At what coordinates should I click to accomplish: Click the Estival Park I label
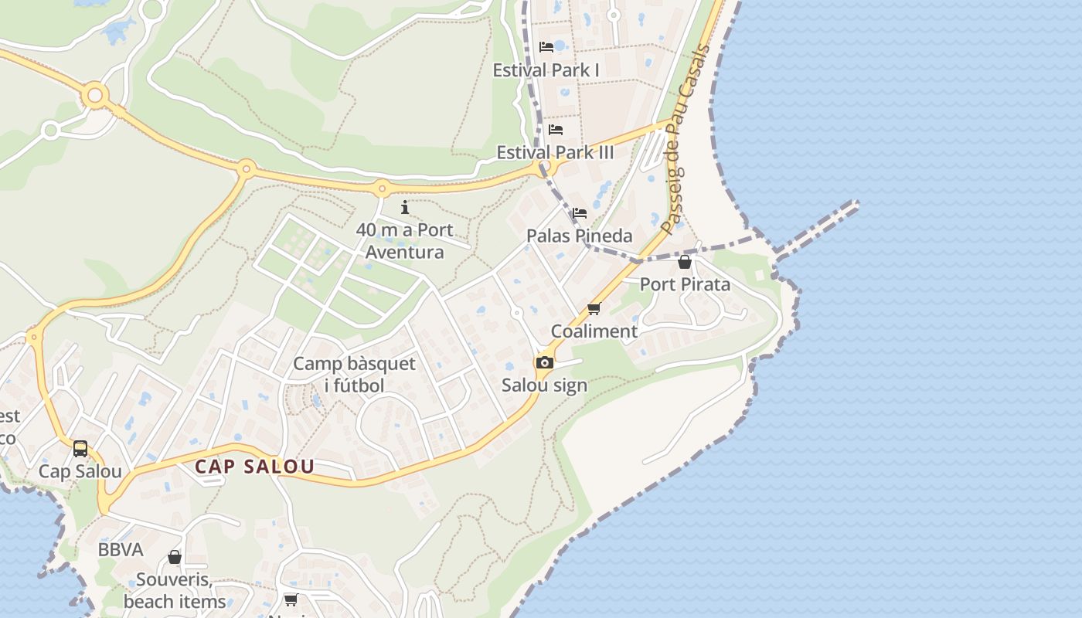click(x=546, y=70)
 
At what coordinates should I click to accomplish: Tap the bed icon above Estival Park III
click(x=555, y=130)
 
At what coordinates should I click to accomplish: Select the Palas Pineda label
click(x=580, y=236)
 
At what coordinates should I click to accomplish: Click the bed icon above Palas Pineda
click(x=580, y=213)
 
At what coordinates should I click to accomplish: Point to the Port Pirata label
click(x=685, y=284)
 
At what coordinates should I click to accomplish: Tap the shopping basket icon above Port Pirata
click(x=685, y=262)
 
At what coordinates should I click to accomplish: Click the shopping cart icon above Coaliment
click(x=594, y=309)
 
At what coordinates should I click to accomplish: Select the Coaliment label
click(x=594, y=331)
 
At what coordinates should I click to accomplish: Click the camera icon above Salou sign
click(x=544, y=362)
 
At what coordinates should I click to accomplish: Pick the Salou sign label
click(x=544, y=385)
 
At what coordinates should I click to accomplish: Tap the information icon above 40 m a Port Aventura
click(x=405, y=207)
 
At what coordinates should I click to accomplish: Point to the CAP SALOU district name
click(x=254, y=467)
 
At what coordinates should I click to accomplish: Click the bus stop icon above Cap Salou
click(x=80, y=449)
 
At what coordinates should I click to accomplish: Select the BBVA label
click(x=121, y=550)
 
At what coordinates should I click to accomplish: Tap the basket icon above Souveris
click(x=175, y=557)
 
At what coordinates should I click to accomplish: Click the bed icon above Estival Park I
click(x=546, y=47)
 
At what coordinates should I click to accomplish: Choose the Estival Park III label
click(x=555, y=152)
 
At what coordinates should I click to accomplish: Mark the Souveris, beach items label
click(x=175, y=590)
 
